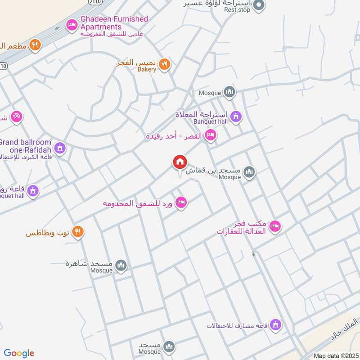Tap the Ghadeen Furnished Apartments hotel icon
click(71, 25)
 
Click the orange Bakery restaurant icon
click(165, 64)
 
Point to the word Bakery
click(146, 70)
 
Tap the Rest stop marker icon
click(258, 5)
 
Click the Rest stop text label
click(237, 10)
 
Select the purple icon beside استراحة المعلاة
click(236, 117)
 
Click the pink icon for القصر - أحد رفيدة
click(210, 135)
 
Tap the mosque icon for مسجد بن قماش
click(249, 172)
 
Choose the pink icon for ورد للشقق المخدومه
click(181, 202)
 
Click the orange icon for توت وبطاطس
click(78, 231)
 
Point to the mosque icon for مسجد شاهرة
click(121, 266)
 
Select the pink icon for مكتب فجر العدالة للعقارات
click(275, 226)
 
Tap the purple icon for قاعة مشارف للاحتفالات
click(276, 324)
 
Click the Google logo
click(19, 353)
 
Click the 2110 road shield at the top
click(95, 2)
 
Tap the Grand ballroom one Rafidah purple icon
click(60, 148)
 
